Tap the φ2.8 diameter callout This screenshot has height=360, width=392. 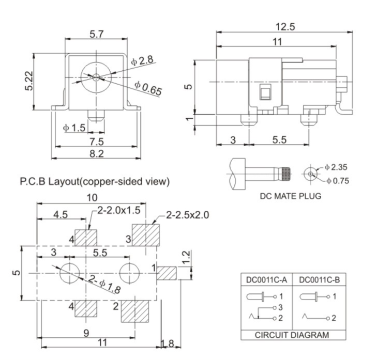click(x=142, y=60)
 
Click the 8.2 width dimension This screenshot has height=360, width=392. click(x=96, y=153)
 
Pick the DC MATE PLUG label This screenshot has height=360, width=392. click(x=290, y=196)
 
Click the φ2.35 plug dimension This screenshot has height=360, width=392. click(x=338, y=167)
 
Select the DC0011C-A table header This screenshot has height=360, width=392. click(x=266, y=280)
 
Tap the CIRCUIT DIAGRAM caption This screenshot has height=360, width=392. click(x=292, y=335)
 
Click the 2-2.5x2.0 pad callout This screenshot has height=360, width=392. click(x=187, y=214)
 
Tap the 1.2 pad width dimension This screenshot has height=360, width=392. click(x=187, y=256)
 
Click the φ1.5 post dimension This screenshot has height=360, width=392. click(x=74, y=128)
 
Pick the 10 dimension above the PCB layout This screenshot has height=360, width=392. click(x=92, y=197)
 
